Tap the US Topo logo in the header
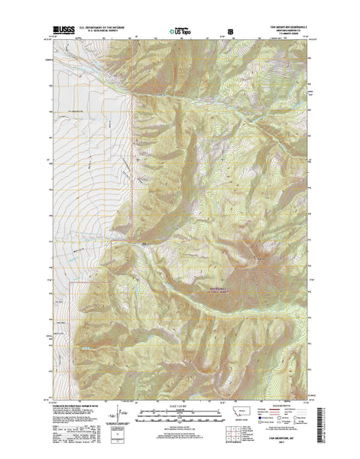(x=180, y=33)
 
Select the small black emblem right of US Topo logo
(x=222, y=33)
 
